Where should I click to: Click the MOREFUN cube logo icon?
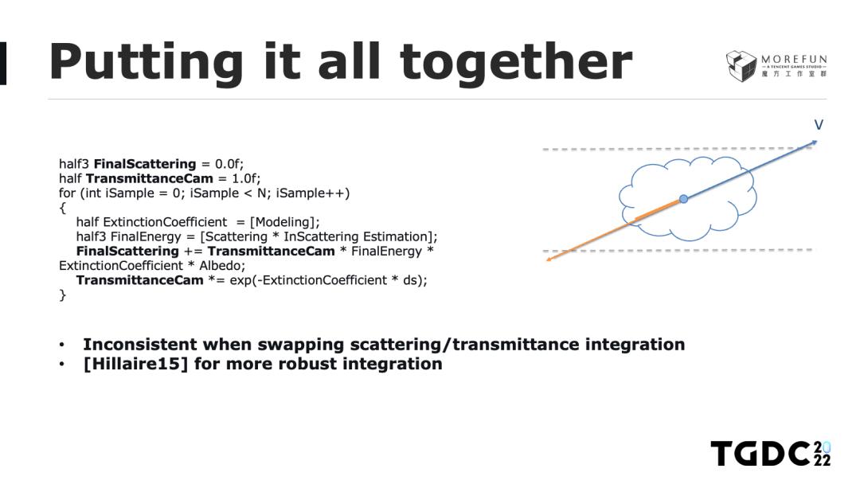[741, 66]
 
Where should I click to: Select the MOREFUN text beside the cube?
[794, 59]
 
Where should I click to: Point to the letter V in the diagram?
[819, 125]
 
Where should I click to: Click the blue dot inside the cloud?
[683, 199]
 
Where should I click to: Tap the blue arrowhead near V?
[814, 143]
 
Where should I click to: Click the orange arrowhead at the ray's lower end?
[549, 260]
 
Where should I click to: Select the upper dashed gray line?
[678, 149]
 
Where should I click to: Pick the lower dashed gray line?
[678, 250]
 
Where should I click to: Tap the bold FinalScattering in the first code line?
[145, 164]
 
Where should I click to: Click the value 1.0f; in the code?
[246, 178]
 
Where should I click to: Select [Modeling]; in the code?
[284, 222]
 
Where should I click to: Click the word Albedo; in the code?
[222, 266]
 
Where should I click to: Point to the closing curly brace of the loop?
[63, 295]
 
